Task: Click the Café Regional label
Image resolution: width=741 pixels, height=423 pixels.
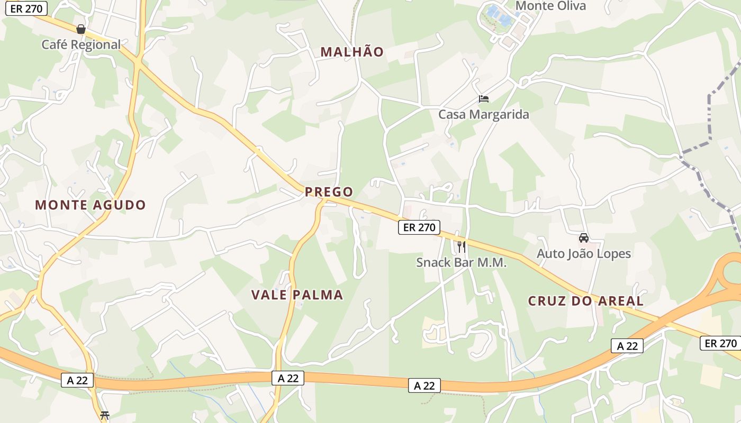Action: pos(81,44)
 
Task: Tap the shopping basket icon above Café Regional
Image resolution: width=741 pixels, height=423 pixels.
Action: pos(81,29)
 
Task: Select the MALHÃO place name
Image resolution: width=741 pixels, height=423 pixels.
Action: pos(352,52)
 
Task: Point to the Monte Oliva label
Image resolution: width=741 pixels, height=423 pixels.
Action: pos(550,6)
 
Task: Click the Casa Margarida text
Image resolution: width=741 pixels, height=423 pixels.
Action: pos(483,114)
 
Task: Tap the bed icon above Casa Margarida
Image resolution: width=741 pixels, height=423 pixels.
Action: pos(483,98)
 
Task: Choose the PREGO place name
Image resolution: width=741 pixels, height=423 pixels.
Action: pos(329,191)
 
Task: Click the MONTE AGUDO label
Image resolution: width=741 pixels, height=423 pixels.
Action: pos(90,205)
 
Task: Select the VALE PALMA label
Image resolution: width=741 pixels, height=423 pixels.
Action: pos(297,295)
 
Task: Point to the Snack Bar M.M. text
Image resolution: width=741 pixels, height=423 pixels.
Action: pos(461,262)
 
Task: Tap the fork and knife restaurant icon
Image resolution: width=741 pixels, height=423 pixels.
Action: pos(461,246)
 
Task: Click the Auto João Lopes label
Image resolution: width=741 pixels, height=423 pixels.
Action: pos(584,254)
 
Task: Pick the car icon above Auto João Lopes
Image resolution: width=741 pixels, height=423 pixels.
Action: pos(584,238)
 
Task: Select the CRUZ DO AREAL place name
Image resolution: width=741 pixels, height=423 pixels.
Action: pos(586,301)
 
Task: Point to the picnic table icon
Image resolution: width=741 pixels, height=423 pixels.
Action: pos(105,415)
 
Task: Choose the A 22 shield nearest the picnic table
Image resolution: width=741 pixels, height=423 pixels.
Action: pos(77,380)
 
